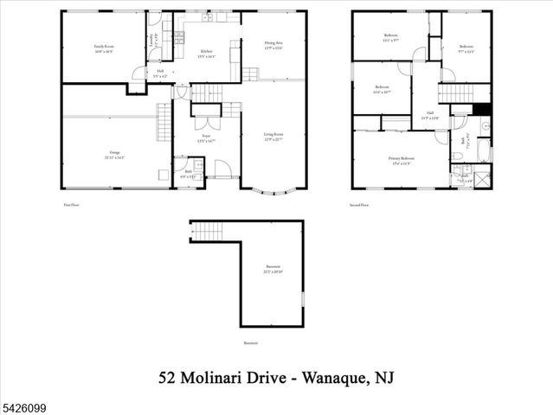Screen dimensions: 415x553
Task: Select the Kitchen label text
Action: click(x=207, y=53)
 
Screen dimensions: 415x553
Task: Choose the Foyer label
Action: click(x=206, y=137)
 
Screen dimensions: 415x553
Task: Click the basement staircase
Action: click(x=205, y=231)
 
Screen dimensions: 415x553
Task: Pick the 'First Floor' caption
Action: click(x=72, y=205)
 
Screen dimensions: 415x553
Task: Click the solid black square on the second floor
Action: click(x=483, y=110)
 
